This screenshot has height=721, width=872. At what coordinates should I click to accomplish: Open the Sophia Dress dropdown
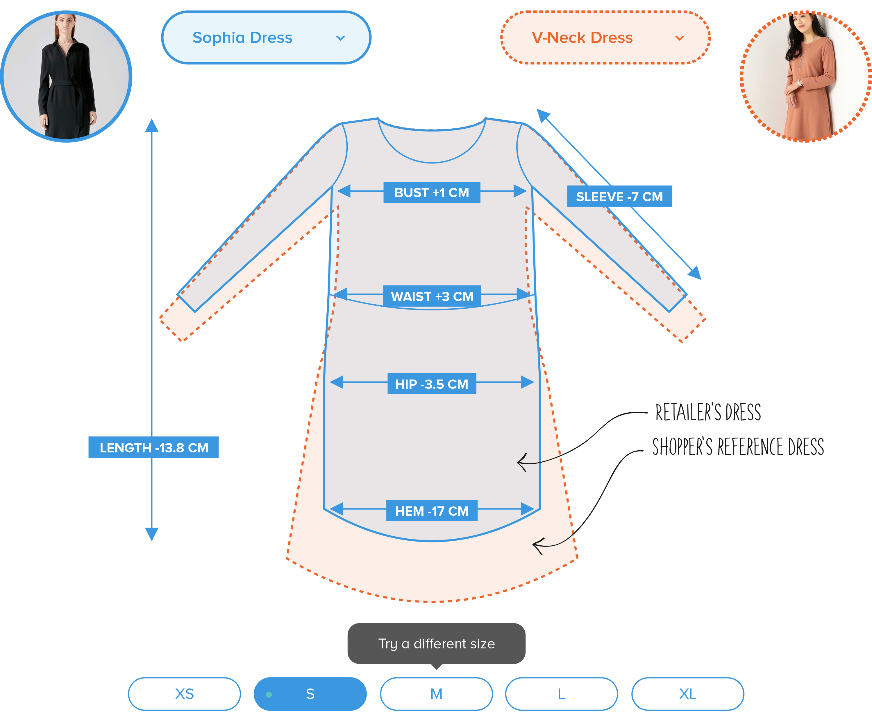(x=266, y=38)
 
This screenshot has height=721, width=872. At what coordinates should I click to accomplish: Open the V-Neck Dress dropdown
(x=605, y=38)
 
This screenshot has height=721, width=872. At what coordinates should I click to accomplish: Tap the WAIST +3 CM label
(x=432, y=296)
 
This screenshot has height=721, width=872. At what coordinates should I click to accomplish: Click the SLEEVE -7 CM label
(x=619, y=196)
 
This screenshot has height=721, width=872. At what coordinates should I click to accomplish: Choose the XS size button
(x=184, y=694)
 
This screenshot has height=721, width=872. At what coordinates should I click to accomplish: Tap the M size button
(x=436, y=694)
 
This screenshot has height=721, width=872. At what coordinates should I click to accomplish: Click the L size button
(x=561, y=694)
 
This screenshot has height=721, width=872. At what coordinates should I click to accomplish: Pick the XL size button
(x=688, y=694)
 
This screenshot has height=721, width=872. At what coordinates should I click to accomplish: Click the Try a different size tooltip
(x=436, y=643)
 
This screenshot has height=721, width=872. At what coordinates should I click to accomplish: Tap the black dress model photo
(x=67, y=77)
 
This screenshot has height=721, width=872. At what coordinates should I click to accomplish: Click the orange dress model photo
(x=805, y=77)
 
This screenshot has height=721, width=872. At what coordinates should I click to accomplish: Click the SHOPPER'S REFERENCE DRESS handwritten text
(x=738, y=447)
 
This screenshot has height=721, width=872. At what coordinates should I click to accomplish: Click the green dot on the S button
(x=269, y=694)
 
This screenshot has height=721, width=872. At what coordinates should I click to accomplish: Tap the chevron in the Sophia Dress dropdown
(x=340, y=38)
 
